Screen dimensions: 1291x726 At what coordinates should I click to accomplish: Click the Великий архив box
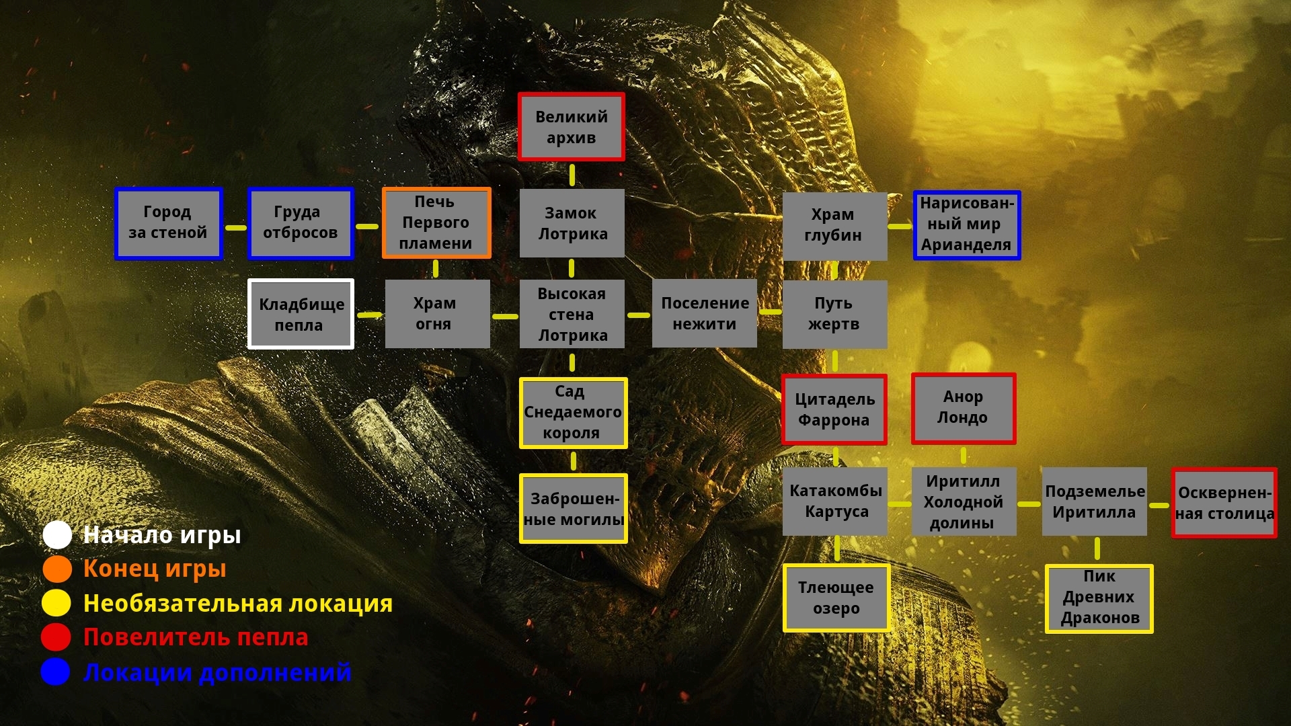[572, 127]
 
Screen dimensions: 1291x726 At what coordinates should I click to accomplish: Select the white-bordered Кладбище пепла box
[301, 314]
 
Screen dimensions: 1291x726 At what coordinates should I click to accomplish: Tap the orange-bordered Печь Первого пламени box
[436, 223]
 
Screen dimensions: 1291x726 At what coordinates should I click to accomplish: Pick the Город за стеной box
[168, 223]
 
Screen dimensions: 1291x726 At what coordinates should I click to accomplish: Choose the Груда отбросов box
[301, 223]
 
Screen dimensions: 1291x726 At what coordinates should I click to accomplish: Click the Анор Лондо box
[964, 409]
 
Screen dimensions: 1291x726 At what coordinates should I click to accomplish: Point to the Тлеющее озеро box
[836, 598]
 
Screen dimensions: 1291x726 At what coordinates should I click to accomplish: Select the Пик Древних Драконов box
[1099, 598]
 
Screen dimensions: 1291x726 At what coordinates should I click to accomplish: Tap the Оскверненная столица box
[1224, 503]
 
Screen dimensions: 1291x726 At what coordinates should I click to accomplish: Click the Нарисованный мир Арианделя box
[967, 225]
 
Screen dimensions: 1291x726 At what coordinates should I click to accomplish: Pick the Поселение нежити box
[705, 313]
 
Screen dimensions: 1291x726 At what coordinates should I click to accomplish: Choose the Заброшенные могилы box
[574, 508]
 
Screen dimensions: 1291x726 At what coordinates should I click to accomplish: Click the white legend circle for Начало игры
[57, 535]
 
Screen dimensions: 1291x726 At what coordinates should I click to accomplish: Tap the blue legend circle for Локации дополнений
[55, 672]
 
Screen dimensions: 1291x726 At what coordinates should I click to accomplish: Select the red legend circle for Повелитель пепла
[56, 637]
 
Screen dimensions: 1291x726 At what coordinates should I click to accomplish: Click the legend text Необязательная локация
[238, 604]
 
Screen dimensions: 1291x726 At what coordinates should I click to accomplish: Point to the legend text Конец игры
[155, 569]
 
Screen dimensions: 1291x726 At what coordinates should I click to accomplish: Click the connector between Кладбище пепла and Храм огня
[370, 315]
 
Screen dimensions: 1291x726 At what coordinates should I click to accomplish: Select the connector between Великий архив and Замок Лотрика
[572, 175]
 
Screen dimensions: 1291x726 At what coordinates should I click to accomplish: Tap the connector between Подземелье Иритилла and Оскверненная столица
[1159, 505]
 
